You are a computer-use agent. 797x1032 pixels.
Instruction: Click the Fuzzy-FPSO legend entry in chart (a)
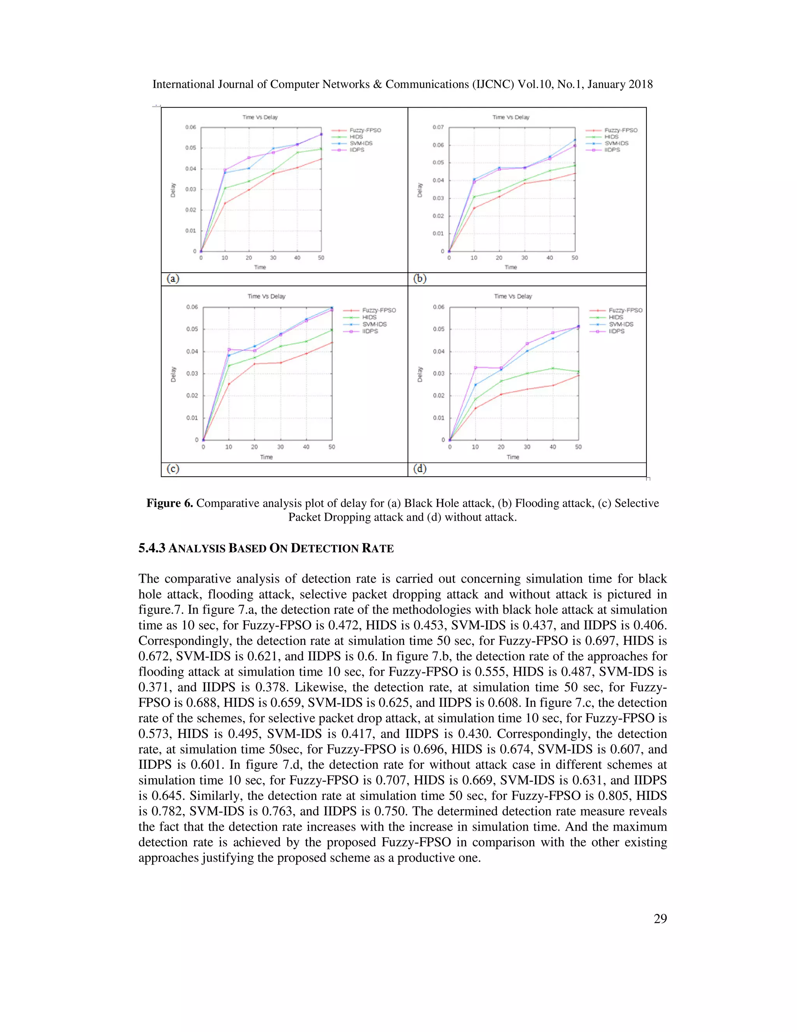click(365, 130)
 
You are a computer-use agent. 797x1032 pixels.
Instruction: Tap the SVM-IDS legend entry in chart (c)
click(374, 324)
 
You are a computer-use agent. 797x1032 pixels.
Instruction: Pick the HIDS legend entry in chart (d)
click(616, 317)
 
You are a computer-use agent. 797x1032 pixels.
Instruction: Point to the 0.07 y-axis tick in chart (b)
click(438, 127)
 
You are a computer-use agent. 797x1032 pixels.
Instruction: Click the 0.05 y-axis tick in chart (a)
click(190, 148)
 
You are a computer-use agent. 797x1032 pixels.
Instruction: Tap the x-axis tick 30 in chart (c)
click(281, 447)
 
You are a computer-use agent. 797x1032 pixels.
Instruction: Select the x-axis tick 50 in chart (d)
click(578, 447)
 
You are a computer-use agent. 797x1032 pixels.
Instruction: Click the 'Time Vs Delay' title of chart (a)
click(260, 117)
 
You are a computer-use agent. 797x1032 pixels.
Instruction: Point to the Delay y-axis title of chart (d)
click(420, 374)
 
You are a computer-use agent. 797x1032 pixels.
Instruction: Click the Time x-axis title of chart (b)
click(511, 268)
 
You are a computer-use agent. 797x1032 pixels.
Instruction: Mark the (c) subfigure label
click(173, 469)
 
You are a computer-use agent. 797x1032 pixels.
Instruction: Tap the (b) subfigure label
click(420, 279)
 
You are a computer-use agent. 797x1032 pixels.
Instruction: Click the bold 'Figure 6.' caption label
click(170, 503)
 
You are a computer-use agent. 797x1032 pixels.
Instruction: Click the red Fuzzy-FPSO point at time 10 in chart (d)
click(476, 408)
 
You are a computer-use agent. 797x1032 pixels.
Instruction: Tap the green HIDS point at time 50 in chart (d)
click(578, 372)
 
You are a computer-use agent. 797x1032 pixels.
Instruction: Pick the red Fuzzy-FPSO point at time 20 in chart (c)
click(255, 364)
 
